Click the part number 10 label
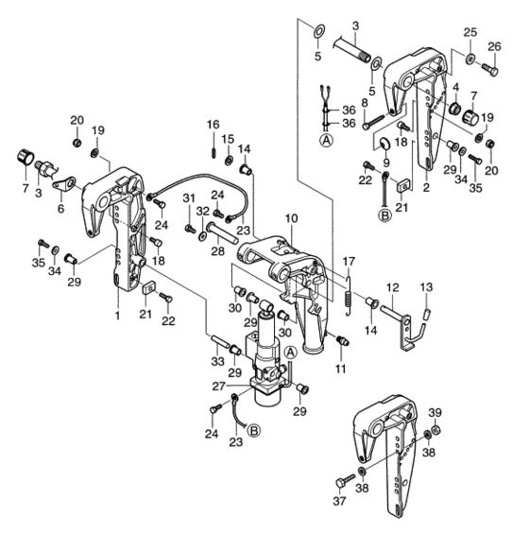(x=292, y=218)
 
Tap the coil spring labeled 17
(x=349, y=296)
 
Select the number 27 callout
(x=219, y=387)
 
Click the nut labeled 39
(x=436, y=431)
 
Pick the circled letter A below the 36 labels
(x=327, y=140)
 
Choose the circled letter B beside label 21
(x=384, y=215)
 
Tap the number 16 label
(x=213, y=125)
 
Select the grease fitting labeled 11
(x=342, y=340)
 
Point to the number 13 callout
(x=426, y=287)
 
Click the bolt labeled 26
(x=489, y=69)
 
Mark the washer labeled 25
(x=470, y=59)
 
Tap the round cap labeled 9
(x=385, y=144)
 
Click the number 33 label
(x=217, y=362)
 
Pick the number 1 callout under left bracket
(x=117, y=316)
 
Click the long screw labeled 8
(x=372, y=122)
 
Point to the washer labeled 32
(x=203, y=235)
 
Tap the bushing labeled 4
(x=454, y=109)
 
